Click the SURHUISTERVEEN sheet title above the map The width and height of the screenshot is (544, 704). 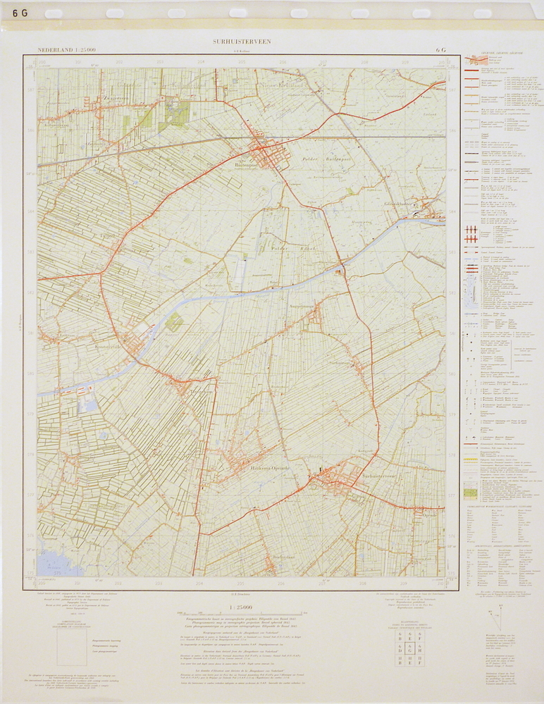point(242,42)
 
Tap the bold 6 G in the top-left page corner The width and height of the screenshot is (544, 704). point(20,13)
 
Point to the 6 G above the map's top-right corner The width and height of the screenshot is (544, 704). point(441,50)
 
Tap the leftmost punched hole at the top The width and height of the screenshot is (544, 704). point(54,13)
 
